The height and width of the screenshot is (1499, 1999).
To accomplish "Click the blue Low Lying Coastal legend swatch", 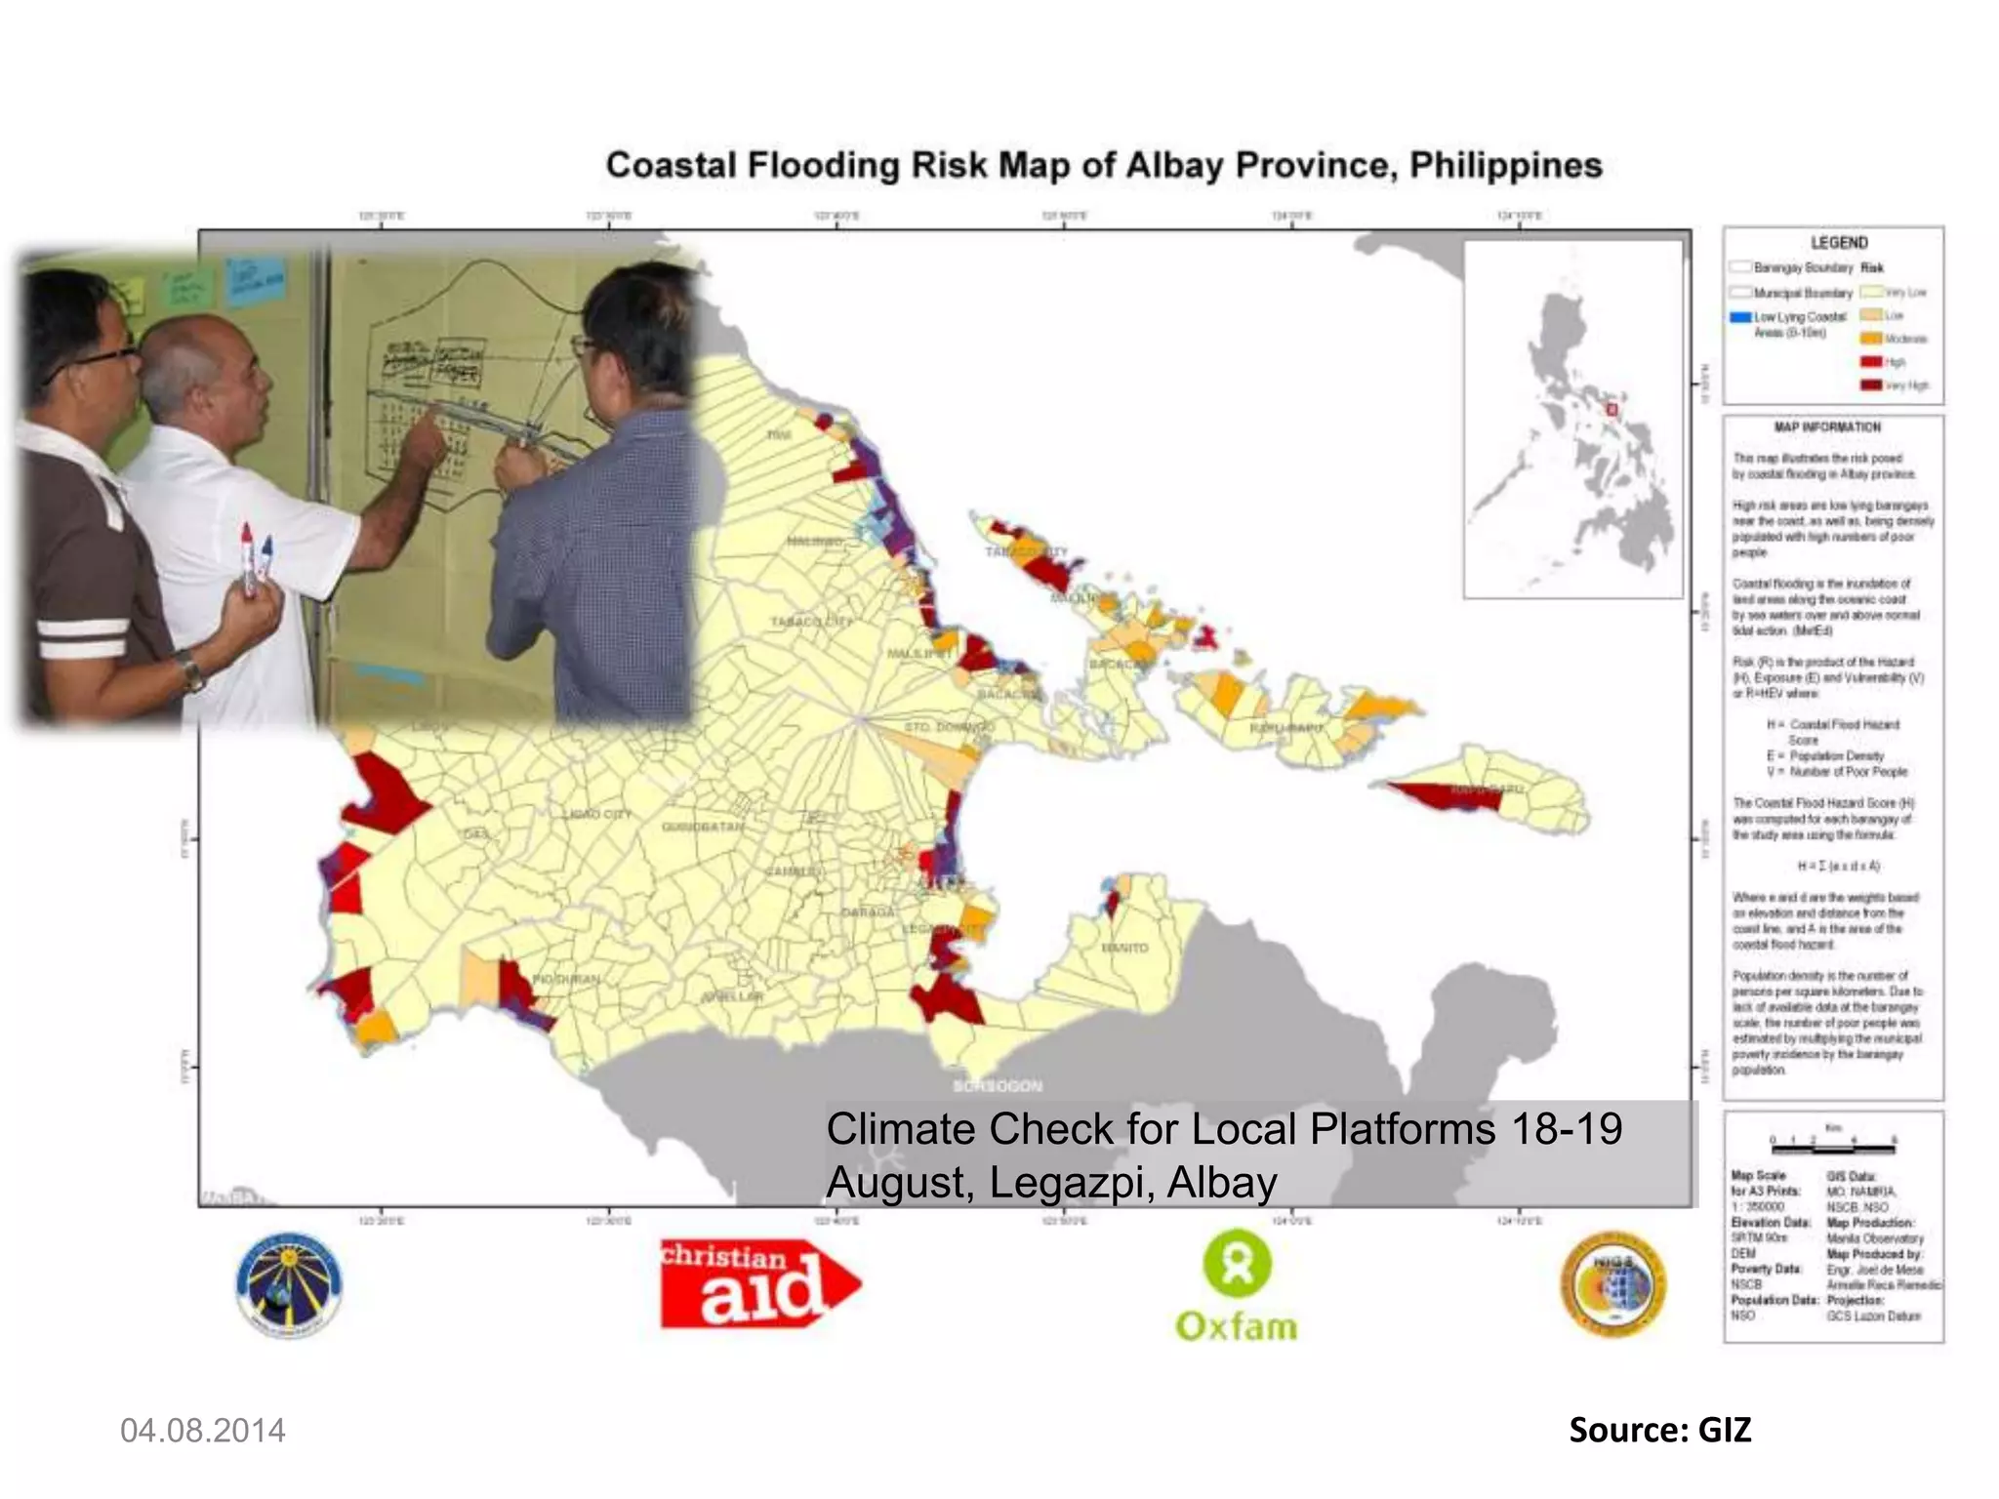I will [x=1740, y=317].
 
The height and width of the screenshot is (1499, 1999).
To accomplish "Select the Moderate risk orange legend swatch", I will [x=1870, y=339].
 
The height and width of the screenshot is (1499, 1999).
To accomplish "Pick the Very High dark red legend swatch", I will [x=1870, y=385].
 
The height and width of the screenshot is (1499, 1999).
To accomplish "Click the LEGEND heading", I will [x=1839, y=243].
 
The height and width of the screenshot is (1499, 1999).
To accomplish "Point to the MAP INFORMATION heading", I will [x=1827, y=427].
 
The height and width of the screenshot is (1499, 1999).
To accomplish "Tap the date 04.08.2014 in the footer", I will [x=203, y=1431].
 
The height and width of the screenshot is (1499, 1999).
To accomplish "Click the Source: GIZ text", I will [x=1659, y=1430].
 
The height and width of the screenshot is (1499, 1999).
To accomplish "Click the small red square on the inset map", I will [x=1611, y=410].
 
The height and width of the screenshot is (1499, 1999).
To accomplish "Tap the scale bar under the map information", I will [x=1833, y=1140].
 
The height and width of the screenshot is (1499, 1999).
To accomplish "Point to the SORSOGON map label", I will [x=998, y=1086].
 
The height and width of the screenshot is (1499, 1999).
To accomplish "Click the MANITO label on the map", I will [x=1124, y=948].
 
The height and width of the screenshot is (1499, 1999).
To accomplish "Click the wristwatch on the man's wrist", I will [x=191, y=669].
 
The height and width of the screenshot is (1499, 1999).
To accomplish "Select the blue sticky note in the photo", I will [x=257, y=280].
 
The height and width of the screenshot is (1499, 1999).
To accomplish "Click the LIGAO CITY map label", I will [x=597, y=814].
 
